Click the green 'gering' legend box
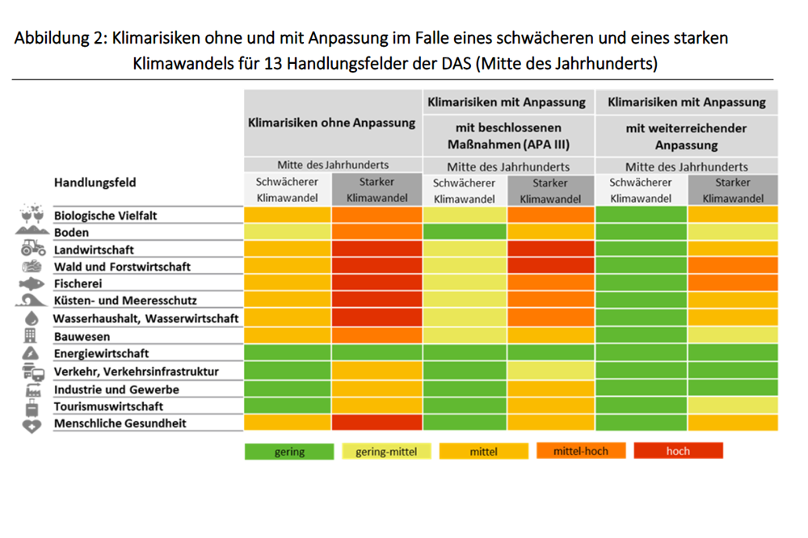tap(289, 452)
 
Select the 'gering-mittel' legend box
tap(386, 452)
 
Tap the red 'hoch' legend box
tap(678, 451)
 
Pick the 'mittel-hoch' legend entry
tap(581, 451)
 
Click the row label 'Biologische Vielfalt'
tap(105, 216)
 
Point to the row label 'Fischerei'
tap(78, 284)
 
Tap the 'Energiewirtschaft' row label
tap(101, 354)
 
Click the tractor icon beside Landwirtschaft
tap(33, 249)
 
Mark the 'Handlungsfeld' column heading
tap(95, 183)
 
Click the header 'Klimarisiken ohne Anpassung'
tap(332, 124)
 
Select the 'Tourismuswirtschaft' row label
tap(107, 406)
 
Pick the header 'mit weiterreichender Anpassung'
tap(686, 137)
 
